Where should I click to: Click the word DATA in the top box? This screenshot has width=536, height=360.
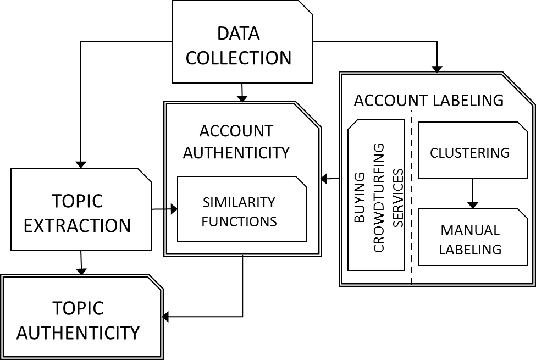pos(238,34)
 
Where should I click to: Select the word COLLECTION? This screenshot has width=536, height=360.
pos(238,58)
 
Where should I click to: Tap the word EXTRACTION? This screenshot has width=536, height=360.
pos(78,226)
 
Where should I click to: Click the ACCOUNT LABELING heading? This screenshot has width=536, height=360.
pos(429,101)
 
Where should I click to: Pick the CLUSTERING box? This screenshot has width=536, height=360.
pos(473,150)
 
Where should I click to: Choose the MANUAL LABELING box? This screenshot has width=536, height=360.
pos(473,237)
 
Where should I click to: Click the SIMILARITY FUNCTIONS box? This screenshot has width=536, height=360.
pos(242,209)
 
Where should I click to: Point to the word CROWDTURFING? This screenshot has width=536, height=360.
pos(379,198)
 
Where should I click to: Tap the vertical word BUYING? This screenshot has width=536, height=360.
pos(360,198)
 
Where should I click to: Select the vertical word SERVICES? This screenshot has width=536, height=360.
pos(398,198)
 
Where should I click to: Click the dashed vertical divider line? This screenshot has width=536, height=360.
pos(411,197)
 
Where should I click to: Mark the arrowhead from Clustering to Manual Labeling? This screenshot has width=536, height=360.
pos(473,205)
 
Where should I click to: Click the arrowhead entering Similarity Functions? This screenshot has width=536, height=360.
pos(174,209)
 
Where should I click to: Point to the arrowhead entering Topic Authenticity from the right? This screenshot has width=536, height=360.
pos(165,317)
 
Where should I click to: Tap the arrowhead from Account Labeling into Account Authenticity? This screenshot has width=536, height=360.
pos(324,178)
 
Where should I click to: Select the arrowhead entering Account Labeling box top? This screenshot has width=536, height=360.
pos(437,69)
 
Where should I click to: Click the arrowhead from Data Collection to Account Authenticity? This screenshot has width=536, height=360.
pos(242,98)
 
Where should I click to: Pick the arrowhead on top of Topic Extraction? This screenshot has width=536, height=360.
pos(81,164)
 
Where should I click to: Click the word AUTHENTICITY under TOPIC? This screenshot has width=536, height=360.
pos(78,333)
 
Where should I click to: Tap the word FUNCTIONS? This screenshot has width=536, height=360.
pos(239,221)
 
